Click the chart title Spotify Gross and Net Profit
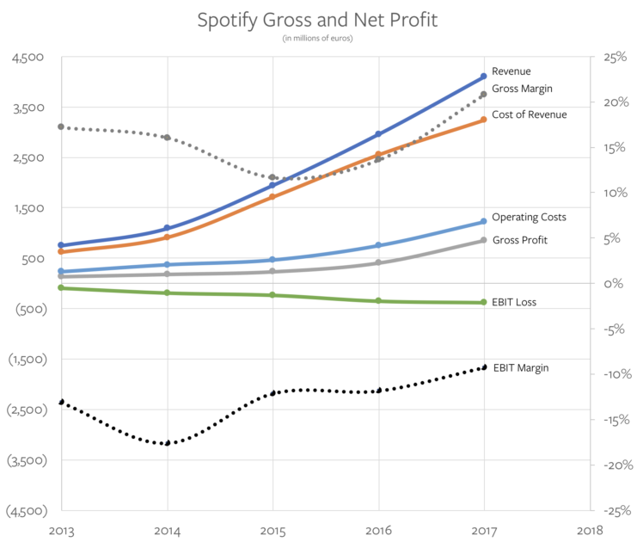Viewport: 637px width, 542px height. (x=317, y=19)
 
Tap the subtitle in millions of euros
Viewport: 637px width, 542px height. (x=317, y=38)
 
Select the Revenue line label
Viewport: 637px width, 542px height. (x=511, y=71)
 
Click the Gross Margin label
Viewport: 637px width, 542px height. (x=522, y=88)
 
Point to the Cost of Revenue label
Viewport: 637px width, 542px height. (x=529, y=114)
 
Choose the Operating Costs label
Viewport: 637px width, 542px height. (x=529, y=217)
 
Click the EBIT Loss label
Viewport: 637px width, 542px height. (x=515, y=302)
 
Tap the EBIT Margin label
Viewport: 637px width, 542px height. (x=520, y=367)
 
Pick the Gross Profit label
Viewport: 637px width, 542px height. (x=519, y=240)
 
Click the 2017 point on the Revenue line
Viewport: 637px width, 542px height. (x=484, y=77)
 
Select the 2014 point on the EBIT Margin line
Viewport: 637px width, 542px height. (x=167, y=443)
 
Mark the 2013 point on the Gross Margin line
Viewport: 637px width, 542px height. (x=61, y=126)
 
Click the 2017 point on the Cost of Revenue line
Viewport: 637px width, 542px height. (x=484, y=119)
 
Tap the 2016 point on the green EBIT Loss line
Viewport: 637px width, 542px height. (x=378, y=300)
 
